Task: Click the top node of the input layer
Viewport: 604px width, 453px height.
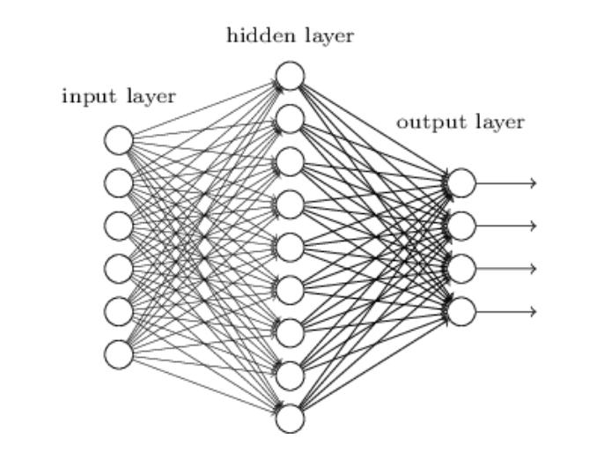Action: [x=119, y=140]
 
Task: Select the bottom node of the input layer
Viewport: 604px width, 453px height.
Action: [x=119, y=354]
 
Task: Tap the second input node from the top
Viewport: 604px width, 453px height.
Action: [x=119, y=182]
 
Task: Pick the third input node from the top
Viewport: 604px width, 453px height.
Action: [x=119, y=226]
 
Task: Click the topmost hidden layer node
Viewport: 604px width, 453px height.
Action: [x=290, y=76]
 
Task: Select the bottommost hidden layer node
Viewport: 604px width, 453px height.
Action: [x=290, y=419]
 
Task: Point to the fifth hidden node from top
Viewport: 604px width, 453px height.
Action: [x=290, y=247]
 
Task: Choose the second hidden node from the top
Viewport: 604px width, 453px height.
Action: [x=290, y=119]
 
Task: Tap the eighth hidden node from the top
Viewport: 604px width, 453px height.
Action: [x=290, y=375]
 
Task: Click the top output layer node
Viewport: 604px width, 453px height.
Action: [x=461, y=182]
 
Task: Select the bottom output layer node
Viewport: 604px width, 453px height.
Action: [x=461, y=311]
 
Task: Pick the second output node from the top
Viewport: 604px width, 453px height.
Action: [x=461, y=226]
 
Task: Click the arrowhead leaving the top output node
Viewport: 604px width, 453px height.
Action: [x=534, y=183]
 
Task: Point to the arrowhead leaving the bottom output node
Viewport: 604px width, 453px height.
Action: [x=534, y=311]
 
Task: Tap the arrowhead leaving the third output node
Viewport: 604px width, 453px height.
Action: [x=534, y=269]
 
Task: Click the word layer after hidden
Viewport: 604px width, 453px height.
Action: [x=329, y=37]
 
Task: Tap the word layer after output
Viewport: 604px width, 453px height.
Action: [x=500, y=123]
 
